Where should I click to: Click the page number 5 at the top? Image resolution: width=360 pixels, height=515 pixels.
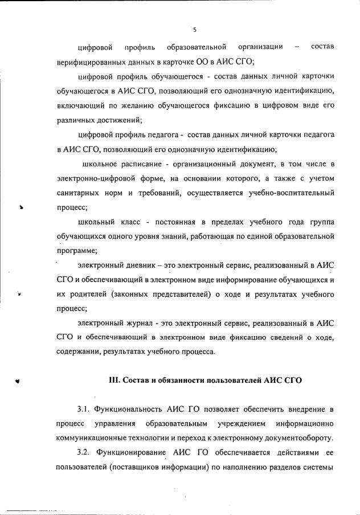[x=194, y=29]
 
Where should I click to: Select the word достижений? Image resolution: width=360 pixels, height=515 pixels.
[x=121, y=120]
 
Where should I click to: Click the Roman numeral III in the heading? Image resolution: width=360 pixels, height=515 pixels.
[x=114, y=379]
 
